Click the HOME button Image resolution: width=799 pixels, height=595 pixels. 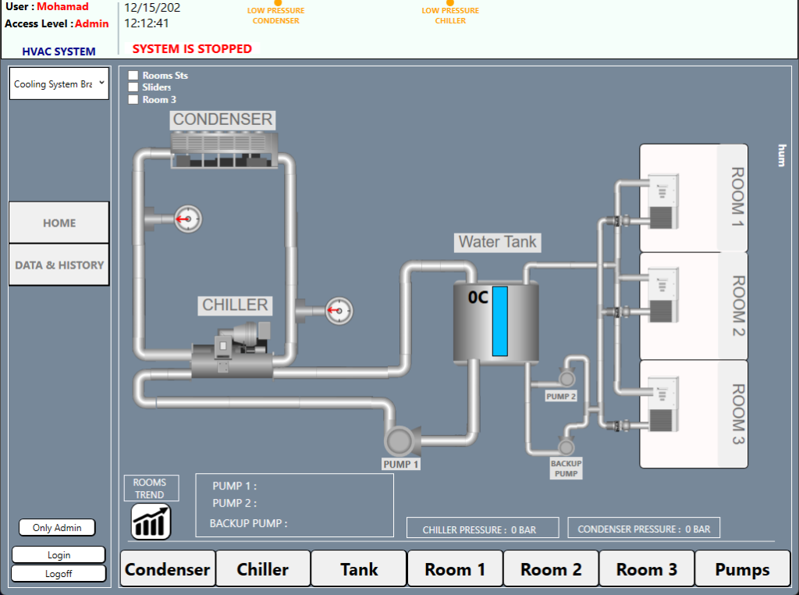click(59, 223)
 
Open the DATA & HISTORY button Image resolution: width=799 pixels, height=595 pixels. click(59, 265)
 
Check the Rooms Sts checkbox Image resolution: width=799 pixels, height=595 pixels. click(133, 76)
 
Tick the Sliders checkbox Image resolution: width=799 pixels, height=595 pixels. click(133, 87)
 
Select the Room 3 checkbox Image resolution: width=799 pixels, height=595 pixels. click(133, 99)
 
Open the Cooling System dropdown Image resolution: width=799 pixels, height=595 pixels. click(59, 84)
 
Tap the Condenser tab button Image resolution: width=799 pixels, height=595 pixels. click(168, 569)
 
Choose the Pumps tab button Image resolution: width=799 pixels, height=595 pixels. click(742, 569)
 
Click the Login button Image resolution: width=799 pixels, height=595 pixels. click(59, 555)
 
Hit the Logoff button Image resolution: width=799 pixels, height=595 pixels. click(59, 573)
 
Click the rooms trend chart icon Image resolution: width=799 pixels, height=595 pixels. click(151, 522)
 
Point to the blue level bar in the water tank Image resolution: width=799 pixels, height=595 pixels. click(500, 321)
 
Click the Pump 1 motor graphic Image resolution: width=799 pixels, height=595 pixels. click(400, 440)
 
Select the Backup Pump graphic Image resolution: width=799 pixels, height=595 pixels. click(566, 446)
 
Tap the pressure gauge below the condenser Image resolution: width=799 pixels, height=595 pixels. click(187, 219)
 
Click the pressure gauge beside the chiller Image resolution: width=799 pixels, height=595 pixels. click(339, 311)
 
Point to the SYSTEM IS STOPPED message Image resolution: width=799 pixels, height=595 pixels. click(192, 48)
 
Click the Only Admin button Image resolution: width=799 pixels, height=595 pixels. click(57, 528)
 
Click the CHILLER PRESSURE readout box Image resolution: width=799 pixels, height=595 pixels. click(482, 529)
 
